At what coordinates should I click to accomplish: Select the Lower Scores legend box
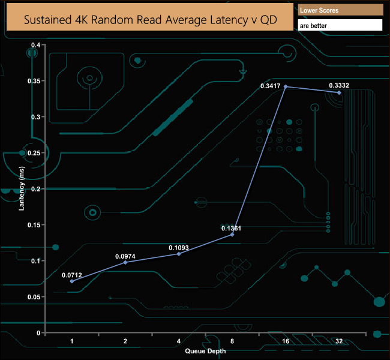point(340,11)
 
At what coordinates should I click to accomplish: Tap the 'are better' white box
point(340,26)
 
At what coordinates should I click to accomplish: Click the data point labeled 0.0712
point(72,281)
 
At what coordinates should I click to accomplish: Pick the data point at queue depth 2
point(125,262)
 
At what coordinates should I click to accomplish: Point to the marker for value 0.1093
point(179,254)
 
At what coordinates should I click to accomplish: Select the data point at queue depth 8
point(232,234)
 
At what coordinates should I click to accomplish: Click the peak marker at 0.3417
point(286,86)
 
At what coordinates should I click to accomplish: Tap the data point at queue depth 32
point(339,92)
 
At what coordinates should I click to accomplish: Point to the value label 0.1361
point(232,228)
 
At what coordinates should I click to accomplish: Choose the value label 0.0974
point(125,256)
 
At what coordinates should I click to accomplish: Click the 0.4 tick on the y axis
point(35,45)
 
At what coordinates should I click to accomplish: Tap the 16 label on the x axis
point(286,341)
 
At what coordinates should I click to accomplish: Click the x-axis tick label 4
point(179,341)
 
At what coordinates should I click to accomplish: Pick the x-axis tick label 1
point(72,341)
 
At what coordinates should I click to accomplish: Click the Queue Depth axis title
point(205,350)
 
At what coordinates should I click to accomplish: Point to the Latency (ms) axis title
point(22,188)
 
